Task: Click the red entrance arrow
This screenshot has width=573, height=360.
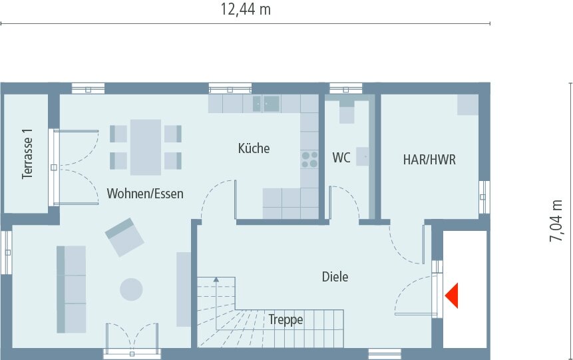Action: (x=453, y=295)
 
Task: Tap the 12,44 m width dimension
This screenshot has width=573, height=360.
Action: (x=246, y=9)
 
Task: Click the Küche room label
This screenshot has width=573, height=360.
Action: (x=254, y=148)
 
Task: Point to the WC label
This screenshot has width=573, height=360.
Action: (x=341, y=158)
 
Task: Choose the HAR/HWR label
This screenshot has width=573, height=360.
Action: (x=429, y=160)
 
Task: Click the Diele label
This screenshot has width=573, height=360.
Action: (x=335, y=277)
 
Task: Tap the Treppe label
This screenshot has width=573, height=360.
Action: (x=286, y=320)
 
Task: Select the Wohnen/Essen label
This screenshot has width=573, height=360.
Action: (x=145, y=194)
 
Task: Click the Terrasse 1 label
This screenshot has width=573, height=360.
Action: (x=27, y=154)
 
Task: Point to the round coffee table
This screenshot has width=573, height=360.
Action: (x=130, y=289)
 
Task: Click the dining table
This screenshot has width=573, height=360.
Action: (x=146, y=147)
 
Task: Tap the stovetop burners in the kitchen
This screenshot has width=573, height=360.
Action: (x=309, y=159)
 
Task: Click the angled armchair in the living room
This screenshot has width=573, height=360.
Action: (x=124, y=237)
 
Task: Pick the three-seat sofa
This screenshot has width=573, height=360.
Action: (x=71, y=289)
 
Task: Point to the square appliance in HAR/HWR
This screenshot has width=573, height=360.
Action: (x=467, y=104)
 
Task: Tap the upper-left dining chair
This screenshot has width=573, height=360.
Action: (x=118, y=133)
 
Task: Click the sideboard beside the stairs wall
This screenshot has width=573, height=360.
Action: (x=184, y=289)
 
